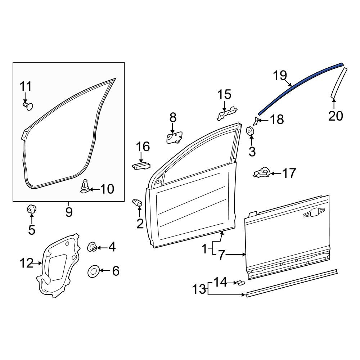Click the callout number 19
280,76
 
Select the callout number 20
336,116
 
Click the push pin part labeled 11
28,106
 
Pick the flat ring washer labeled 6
94,271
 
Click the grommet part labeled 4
92,247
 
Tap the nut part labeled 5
31,209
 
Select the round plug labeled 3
250,131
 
